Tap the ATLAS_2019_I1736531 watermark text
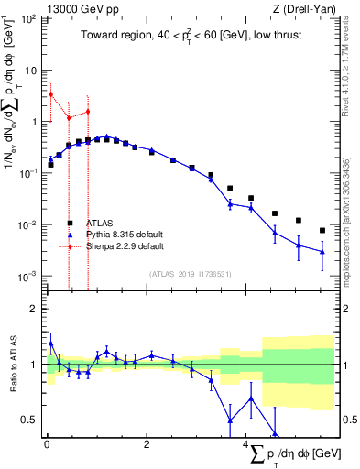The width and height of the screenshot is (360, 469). (x=191, y=274)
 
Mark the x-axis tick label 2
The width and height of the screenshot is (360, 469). (x=147, y=443)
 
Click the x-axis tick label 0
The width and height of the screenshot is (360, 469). (x=47, y=443)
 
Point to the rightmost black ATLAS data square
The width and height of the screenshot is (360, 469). (x=322, y=230)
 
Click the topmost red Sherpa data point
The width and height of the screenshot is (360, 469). (x=51, y=94)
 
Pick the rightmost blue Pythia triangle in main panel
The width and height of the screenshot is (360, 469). (x=322, y=252)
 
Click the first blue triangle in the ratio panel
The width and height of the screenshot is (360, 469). (x=51, y=344)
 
